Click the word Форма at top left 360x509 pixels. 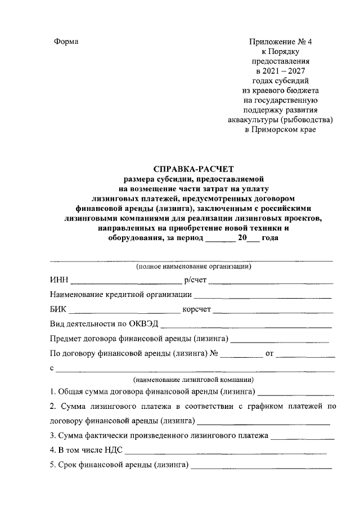tap(66, 42)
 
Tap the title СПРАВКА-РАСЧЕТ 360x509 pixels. tap(192, 168)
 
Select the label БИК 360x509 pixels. tap(58, 309)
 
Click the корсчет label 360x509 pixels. tap(196, 309)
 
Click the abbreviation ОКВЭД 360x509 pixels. tap(145, 324)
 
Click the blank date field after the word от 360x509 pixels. tap(306, 355)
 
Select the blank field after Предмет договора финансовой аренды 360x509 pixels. tap(280, 340)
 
